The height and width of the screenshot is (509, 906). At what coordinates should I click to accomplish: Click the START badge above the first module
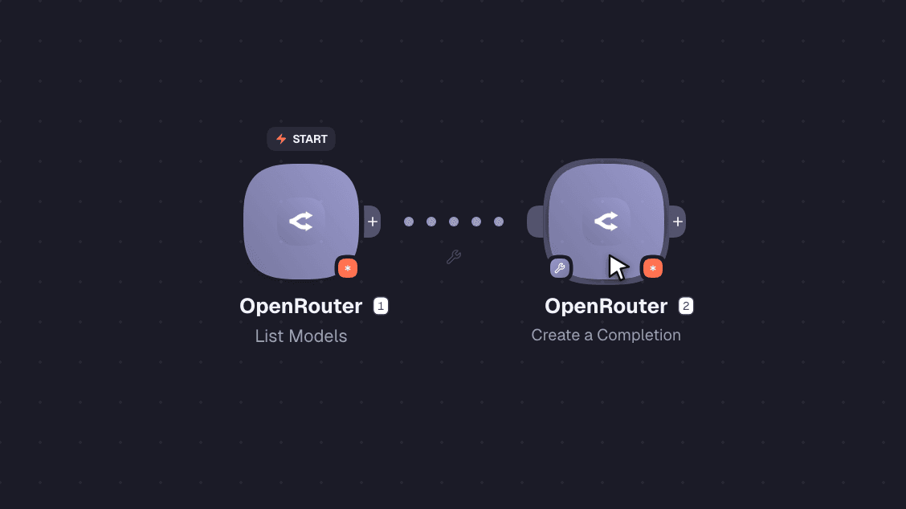pyautogui.click(x=301, y=139)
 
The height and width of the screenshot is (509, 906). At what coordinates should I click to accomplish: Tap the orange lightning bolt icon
pyautogui.click(x=281, y=139)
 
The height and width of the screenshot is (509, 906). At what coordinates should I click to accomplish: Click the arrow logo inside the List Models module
pyautogui.click(x=301, y=222)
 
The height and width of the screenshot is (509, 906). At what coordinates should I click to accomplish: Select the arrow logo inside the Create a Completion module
pyautogui.click(x=606, y=222)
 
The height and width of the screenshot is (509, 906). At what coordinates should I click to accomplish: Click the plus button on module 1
pyautogui.click(x=373, y=222)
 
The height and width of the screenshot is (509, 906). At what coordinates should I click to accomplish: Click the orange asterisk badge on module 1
pyautogui.click(x=347, y=268)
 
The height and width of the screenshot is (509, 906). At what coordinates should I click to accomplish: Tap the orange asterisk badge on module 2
pyautogui.click(x=653, y=268)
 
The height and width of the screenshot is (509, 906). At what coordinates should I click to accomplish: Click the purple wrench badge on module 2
pyautogui.click(x=559, y=268)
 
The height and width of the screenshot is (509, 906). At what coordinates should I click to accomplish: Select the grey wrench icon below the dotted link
pyautogui.click(x=454, y=257)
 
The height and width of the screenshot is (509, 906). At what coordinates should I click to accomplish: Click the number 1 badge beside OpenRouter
pyautogui.click(x=381, y=306)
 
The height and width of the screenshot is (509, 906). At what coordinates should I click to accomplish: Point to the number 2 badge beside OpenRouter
pyautogui.click(x=686, y=306)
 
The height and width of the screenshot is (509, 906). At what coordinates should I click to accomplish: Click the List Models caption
pyautogui.click(x=301, y=336)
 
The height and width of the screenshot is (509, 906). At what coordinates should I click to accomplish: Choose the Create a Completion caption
pyautogui.click(x=606, y=335)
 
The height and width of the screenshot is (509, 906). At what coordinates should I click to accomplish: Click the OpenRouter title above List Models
pyautogui.click(x=301, y=306)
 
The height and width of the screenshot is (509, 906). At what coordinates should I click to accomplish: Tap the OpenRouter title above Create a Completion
pyautogui.click(x=606, y=306)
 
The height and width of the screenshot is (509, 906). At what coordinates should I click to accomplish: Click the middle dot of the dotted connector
pyautogui.click(x=454, y=222)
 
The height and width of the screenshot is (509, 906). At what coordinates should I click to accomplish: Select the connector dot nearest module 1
pyautogui.click(x=409, y=222)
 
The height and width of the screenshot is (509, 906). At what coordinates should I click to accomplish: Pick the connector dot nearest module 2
pyautogui.click(x=499, y=222)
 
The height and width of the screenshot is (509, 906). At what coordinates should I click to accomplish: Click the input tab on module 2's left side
pyautogui.click(x=535, y=222)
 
